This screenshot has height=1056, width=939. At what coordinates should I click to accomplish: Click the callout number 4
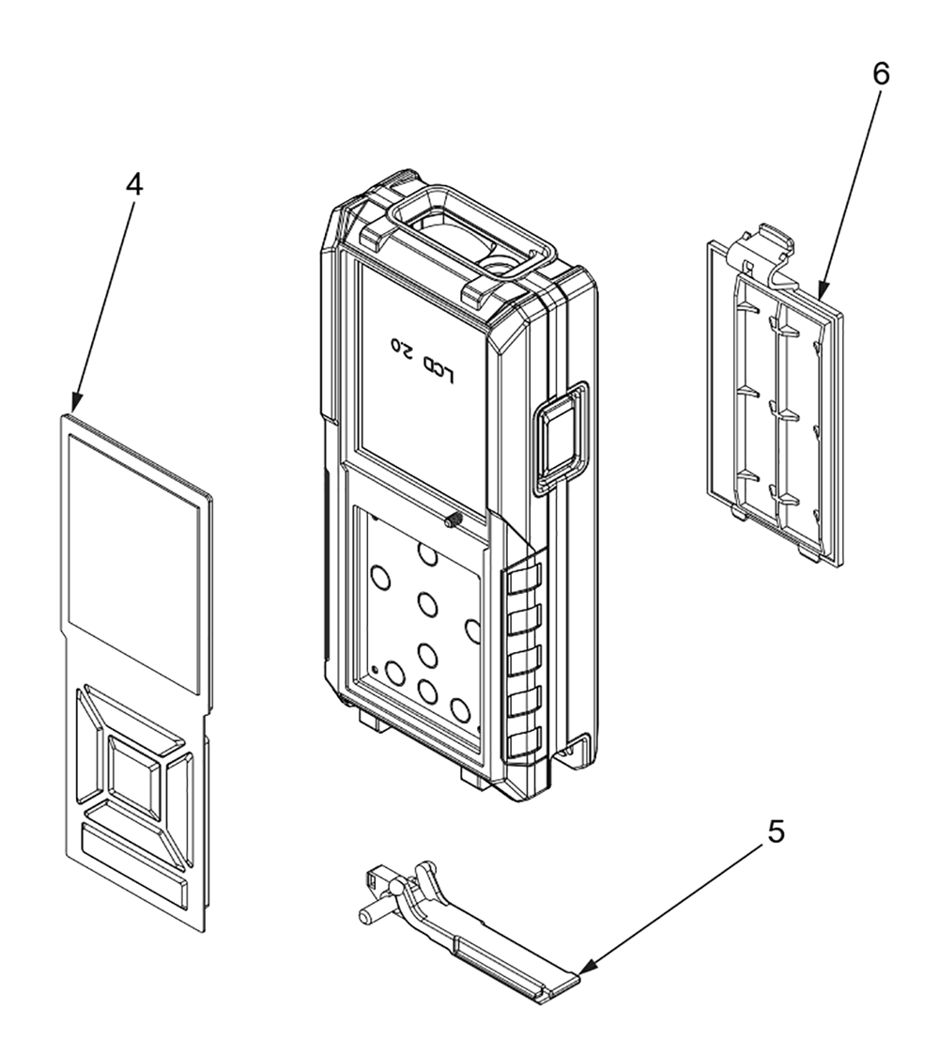(x=134, y=185)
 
